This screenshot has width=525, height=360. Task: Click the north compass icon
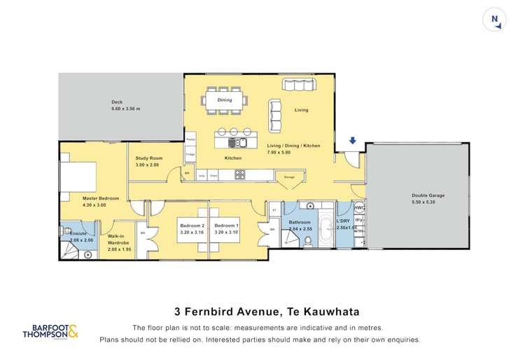494,20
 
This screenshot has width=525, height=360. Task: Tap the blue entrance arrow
352,141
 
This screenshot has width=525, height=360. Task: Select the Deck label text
117,102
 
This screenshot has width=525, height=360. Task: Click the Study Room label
148,158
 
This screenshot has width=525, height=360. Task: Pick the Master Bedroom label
101,198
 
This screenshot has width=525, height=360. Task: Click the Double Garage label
427,195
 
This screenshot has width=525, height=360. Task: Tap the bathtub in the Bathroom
328,226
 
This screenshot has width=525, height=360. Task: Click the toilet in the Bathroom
308,242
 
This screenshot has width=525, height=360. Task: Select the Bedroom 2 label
192,226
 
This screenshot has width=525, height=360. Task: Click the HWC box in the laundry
359,208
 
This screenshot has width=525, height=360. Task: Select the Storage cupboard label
289,177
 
